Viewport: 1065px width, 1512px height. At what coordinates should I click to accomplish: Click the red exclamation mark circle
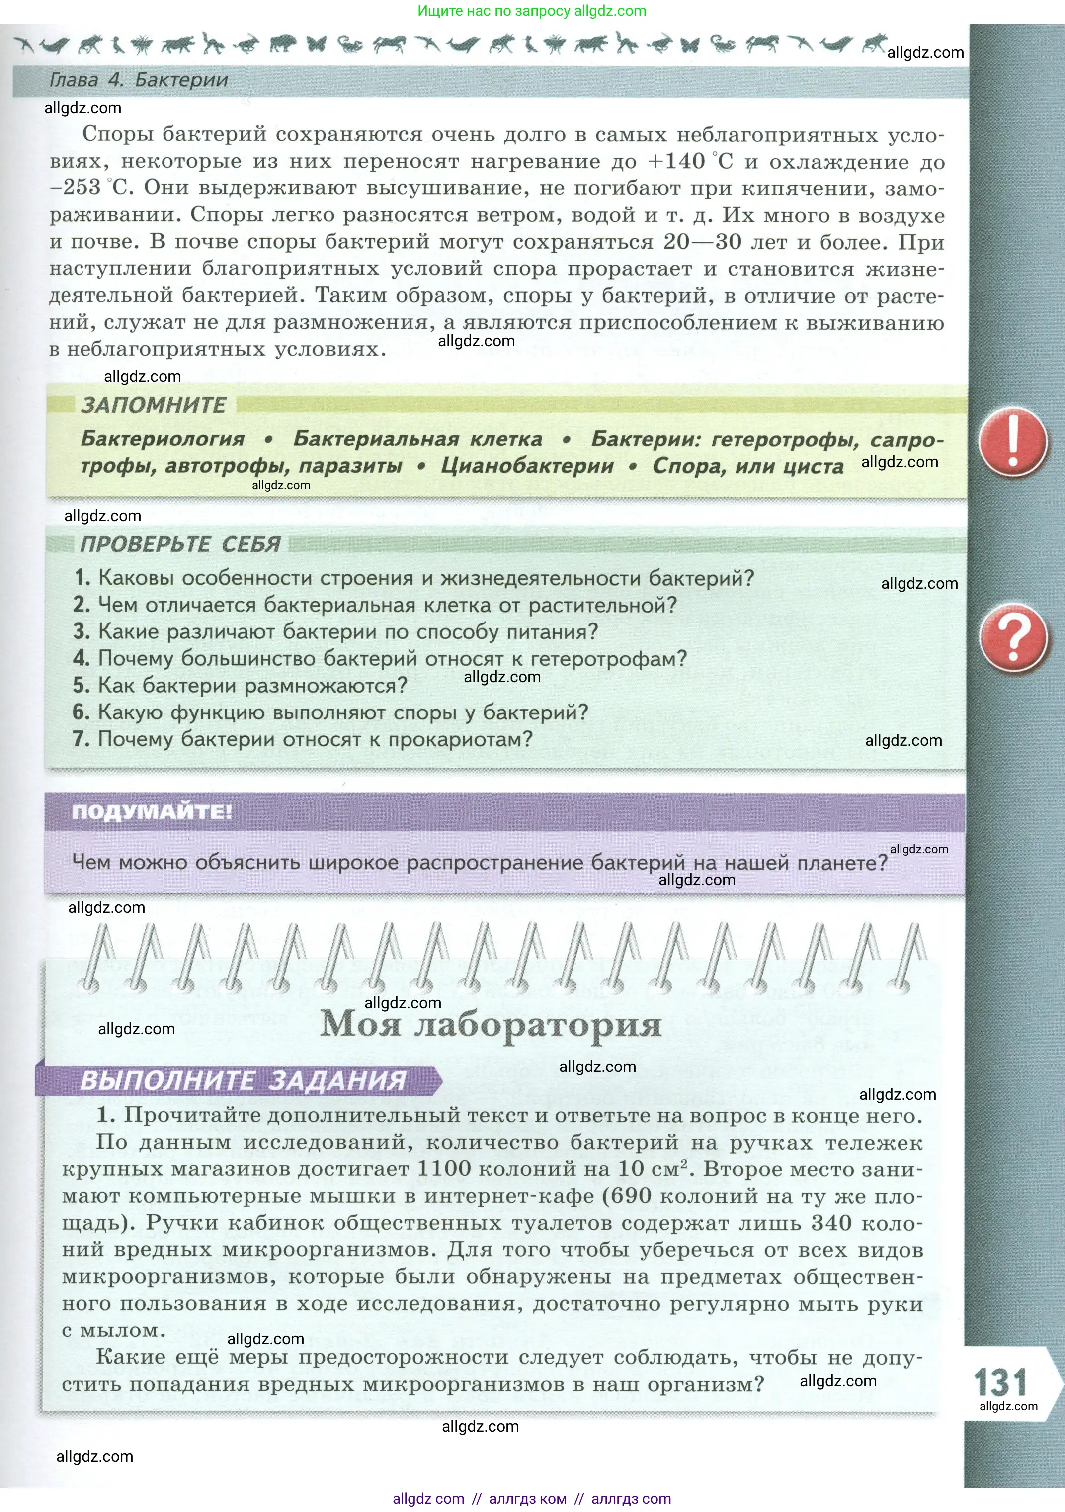click(x=1012, y=442)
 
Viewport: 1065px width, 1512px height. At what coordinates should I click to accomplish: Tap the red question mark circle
click(x=1012, y=638)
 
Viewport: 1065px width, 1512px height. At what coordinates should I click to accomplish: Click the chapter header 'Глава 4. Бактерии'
click(x=139, y=81)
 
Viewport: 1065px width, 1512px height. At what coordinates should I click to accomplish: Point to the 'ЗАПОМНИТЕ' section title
click(x=154, y=405)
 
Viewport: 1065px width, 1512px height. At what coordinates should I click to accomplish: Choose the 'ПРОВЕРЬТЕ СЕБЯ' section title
click(x=180, y=544)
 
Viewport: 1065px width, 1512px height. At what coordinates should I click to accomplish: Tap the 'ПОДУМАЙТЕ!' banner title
click(x=152, y=812)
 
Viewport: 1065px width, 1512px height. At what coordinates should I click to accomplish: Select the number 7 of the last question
click(x=81, y=739)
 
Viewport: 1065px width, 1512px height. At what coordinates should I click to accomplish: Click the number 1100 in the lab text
click(x=444, y=1169)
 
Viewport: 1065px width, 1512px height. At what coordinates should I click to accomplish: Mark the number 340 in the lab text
click(x=832, y=1223)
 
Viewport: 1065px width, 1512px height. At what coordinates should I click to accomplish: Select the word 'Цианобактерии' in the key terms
click(x=527, y=466)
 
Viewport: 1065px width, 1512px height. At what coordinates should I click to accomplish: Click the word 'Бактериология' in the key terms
click(x=163, y=439)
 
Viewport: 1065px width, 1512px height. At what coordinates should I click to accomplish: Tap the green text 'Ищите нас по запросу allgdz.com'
click(x=532, y=11)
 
